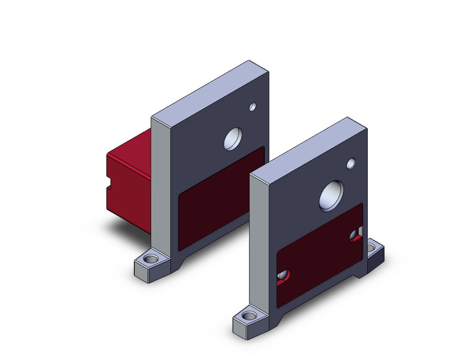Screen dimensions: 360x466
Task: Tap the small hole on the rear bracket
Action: pos(252,107)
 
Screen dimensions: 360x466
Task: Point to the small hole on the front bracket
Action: pos(351,164)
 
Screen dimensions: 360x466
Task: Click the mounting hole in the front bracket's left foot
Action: pos(248,316)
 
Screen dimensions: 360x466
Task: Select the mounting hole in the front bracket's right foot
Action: pos(373,249)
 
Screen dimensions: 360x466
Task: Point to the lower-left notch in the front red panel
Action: pos(283,277)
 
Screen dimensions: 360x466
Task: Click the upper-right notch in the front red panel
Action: pos(355,234)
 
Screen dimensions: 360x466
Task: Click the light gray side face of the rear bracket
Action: pos(160,184)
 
